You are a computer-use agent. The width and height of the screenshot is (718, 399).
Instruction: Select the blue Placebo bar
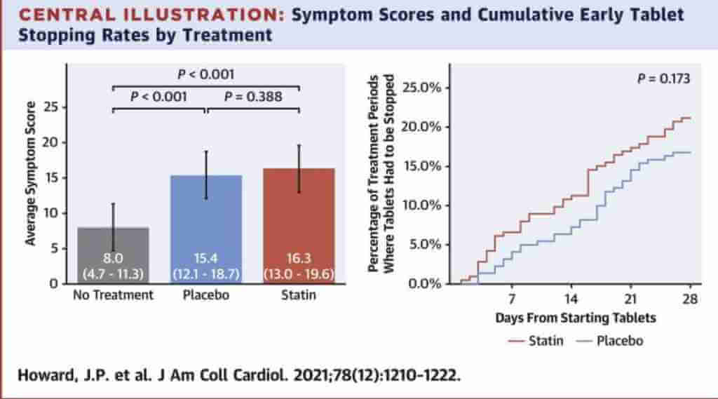pos(206,210)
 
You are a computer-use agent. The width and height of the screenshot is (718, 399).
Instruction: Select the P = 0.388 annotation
pos(253,97)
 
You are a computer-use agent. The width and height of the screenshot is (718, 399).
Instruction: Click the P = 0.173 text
pos(663,79)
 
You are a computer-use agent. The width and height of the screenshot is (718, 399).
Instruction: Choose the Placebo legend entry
pos(609,341)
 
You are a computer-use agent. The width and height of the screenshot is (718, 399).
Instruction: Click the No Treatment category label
pos(113,295)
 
